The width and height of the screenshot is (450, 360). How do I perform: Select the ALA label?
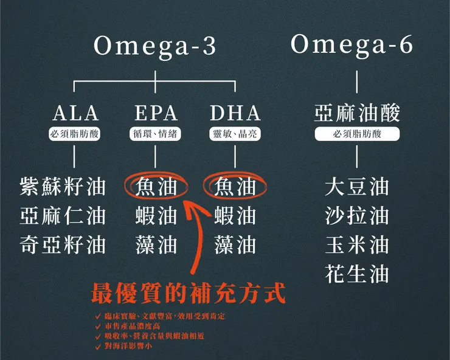pyautogui.click(x=75, y=113)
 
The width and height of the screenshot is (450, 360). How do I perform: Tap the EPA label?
pyautogui.click(x=156, y=113)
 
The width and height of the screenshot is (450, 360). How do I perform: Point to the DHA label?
pyautogui.click(x=235, y=113)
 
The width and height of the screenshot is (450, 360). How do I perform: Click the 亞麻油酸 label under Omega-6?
pyautogui.click(x=357, y=113)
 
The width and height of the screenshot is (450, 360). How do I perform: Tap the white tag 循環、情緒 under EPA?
pyautogui.click(x=156, y=134)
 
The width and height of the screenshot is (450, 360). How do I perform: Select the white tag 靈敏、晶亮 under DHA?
pyautogui.click(x=235, y=134)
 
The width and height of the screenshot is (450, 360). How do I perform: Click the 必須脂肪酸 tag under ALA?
pyautogui.click(x=75, y=134)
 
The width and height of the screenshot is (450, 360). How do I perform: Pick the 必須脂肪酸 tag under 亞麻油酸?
pyautogui.click(x=357, y=134)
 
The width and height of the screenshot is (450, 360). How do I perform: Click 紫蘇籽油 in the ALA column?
pyautogui.click(x=63, y=186)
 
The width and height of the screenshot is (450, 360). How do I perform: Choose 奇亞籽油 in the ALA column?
pyautogui.click(x=63, y=244)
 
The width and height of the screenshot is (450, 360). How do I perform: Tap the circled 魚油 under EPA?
pyautogui.click(x=156, y=186)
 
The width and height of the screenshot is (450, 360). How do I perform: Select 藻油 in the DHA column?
pyautogui.click(x=235, y=244)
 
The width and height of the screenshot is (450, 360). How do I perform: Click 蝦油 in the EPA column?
pyautogui.click(x=156, y=215)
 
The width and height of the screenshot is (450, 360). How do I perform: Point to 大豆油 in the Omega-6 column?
pyautogui.click(x=357, y=186)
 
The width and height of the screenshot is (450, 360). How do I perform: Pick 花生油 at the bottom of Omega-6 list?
pyautogui.click(x=357, y=274)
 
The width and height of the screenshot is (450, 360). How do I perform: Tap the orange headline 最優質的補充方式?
pyautogui.click(x=188, y=294)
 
